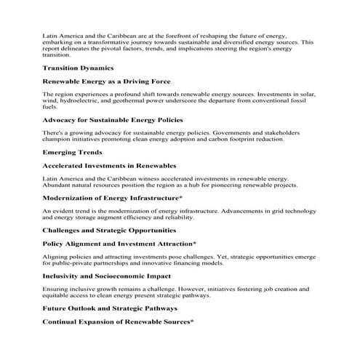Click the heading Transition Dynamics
77,68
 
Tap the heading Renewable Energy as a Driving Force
106,81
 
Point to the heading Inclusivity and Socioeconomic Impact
106,276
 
